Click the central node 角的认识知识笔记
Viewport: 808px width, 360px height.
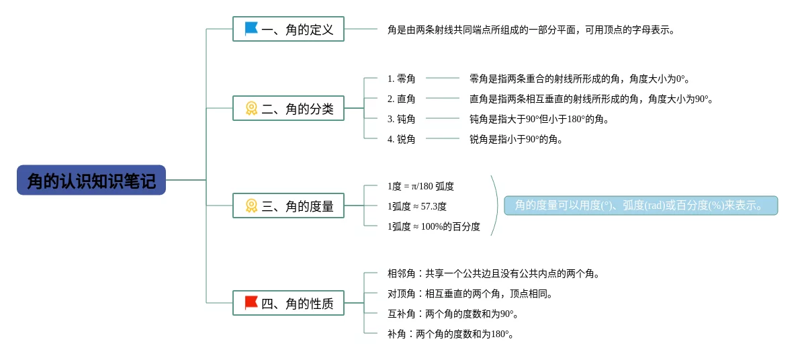coord(91,180)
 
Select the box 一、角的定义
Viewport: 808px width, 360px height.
coord(288,29)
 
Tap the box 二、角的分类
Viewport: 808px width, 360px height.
coord(288,108)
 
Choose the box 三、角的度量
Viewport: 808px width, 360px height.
coord(288,206)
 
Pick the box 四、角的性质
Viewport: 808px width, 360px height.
coord(288,303)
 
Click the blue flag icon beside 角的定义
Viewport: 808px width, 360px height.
coord(251,29)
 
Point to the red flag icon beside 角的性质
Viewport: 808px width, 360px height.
coord(251,303)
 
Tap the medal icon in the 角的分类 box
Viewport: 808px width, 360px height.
coord(251,108)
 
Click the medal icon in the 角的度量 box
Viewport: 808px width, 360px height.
coord(251,206)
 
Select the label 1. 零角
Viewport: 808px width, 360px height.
coord(401,79)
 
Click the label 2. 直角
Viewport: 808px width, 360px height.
coord(401,99)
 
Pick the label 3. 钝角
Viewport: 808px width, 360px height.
coord(401,119)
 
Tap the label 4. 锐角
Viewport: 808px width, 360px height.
coord(401,139)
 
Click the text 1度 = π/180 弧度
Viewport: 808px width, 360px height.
coord(420,186)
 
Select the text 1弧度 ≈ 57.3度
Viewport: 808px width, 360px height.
coord(416,206)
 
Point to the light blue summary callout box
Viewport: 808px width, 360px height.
coord(641,206)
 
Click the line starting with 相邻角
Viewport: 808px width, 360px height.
coord(493,273)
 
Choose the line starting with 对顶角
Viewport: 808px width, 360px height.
coord(469,294)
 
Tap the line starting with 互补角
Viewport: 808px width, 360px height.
coord(453,314)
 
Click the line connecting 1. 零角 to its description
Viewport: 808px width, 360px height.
coord(443,79)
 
